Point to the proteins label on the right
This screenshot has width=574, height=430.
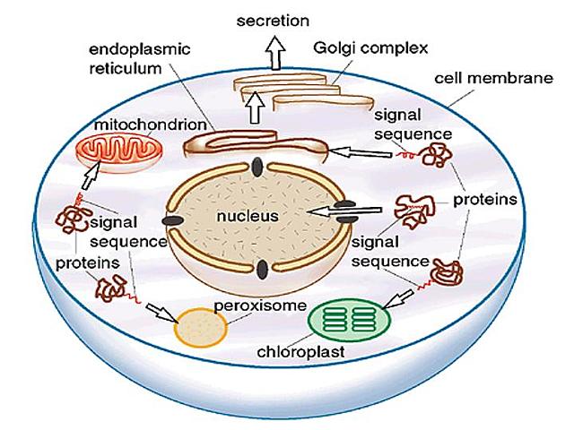(485, 199)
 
